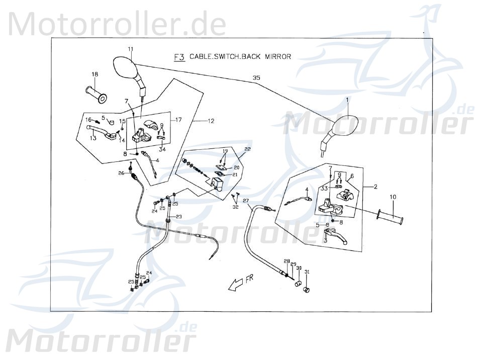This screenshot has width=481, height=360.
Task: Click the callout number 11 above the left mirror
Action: coord(130,49)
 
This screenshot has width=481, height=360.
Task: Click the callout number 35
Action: coord(256,78)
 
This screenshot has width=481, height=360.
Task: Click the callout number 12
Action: coord(211,121)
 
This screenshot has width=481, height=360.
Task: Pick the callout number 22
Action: coord(247,149)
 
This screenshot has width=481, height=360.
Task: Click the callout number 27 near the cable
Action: coord(246,201)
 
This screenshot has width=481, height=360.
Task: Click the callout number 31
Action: coord(307,272)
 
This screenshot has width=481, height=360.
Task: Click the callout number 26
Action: coord(121,174)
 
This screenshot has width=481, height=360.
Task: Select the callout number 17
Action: coord(178,120)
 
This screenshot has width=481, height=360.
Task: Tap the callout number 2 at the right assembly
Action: coord(375,187)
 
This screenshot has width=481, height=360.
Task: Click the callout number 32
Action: coord(235,207)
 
